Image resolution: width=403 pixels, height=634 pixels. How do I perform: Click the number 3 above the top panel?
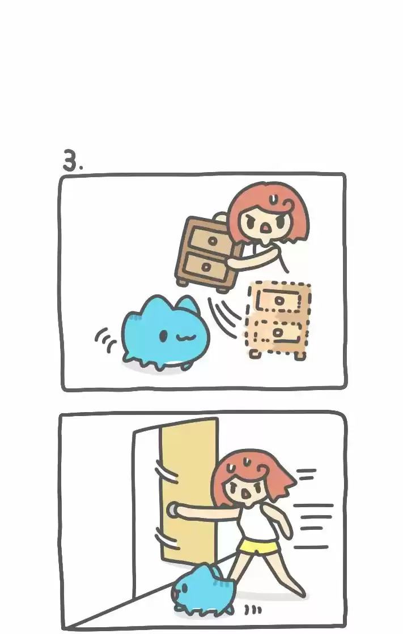click(70, 160)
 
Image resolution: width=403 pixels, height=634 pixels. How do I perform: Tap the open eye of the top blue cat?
click(163, 335)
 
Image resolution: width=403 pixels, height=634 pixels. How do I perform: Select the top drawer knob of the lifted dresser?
click(212, 242)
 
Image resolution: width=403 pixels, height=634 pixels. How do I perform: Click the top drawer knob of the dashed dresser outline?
click(279, 300)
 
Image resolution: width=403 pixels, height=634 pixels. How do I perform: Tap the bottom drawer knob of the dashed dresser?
click(278, 332)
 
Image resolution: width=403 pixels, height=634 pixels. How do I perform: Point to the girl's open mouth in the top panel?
click(265, 229)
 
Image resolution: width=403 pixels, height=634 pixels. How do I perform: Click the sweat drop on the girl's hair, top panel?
click(274, 199)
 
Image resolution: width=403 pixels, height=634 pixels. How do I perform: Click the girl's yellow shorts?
click(259, 547)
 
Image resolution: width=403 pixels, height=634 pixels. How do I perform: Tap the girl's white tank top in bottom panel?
click(257, 521)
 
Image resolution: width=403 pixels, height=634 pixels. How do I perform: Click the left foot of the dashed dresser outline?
click(254, 354)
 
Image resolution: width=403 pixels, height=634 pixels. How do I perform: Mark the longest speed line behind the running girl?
click(313, 506)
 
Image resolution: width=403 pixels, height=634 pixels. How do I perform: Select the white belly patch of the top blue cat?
click(175, 363)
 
